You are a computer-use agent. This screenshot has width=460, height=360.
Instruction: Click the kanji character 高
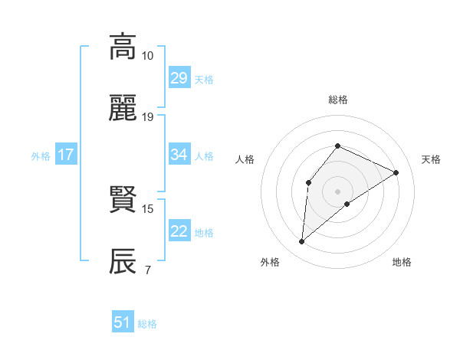point(123,47)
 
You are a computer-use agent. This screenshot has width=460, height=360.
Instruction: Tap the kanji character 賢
point(123,200)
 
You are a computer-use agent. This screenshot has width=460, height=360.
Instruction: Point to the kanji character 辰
point(123,261)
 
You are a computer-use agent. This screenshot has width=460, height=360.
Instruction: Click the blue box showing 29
point(179,78)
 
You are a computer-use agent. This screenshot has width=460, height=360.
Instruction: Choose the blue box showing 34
point(179,155)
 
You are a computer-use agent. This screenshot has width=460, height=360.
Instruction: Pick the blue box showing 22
point(179,231)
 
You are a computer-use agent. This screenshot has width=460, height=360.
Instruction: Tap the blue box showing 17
point(65,155)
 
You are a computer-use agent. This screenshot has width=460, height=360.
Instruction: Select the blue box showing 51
point(123,322)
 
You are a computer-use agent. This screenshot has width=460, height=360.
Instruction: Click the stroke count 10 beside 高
point(147,56)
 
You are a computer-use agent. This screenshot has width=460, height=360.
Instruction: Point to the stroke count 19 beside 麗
point(147,117)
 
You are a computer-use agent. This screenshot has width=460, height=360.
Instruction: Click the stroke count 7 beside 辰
point(147,270)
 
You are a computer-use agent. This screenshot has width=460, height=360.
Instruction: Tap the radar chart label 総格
point(337,100)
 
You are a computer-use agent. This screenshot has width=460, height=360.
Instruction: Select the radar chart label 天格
point(431,159)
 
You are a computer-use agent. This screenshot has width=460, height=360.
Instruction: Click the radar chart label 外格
point(270,262)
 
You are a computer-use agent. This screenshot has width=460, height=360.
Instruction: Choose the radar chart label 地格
point(402,262)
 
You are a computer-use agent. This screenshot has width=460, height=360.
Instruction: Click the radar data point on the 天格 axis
point(396,172)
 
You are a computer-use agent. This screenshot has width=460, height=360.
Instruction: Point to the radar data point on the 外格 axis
point(302,242)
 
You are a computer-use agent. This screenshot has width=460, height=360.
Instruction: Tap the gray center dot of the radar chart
point(337,191)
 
